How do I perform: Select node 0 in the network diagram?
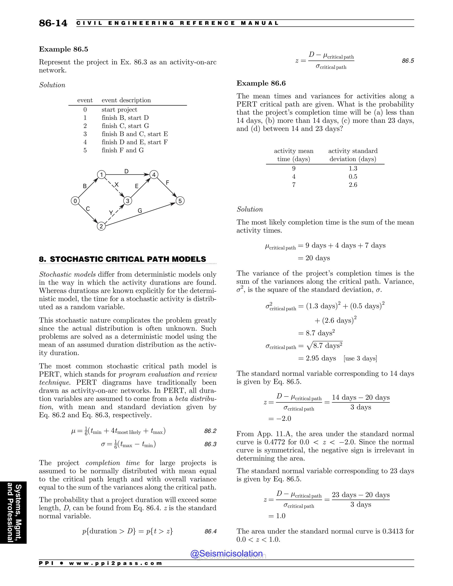point(75,201)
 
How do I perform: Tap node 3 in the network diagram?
point(127,201)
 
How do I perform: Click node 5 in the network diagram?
point(180,201)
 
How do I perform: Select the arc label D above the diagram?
point(126,171)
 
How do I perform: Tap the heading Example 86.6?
point(261,83)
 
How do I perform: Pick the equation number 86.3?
point(210,444)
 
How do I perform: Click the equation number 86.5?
point(408,61)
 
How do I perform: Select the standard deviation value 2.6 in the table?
point(353,185)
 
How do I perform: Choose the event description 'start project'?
point(119,110)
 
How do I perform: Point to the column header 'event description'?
point(126,100)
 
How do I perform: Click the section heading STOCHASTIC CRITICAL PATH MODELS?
point(128,259)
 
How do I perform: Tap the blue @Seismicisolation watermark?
point(226,553)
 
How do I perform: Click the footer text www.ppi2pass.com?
point(115,563)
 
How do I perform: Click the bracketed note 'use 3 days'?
point(360,358)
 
